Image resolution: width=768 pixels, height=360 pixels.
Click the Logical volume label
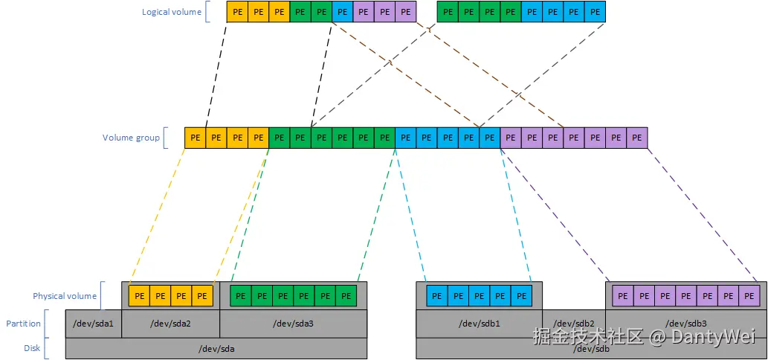[172, 12]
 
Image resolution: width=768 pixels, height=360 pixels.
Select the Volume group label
[132, 138]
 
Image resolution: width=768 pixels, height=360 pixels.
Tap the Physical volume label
[65, 296]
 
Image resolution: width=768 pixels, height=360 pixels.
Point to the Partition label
[24, 324]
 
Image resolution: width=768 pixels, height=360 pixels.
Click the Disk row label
[31, 348]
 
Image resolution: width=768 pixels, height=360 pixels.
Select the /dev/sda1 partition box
[94, 324]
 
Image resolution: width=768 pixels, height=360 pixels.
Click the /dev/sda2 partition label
[170, 324]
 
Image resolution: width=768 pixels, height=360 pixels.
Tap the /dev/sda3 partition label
[293, 324]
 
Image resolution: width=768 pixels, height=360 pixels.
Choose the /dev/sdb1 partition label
[479, 324]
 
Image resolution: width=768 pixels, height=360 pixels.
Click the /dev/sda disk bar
[216, 348]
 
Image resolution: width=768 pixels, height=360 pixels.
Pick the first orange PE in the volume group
[195, 138]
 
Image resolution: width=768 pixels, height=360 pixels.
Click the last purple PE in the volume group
[637, 138]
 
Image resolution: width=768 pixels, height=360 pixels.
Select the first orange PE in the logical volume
[237, 12]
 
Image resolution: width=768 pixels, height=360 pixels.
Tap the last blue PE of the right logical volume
[595, 12]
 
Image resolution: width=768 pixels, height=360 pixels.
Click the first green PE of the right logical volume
[448, 12]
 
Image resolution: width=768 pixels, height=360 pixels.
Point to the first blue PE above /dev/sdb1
[437, 296]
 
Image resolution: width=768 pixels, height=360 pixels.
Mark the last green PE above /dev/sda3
[346, 296]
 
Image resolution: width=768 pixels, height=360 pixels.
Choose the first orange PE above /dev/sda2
[140, 296]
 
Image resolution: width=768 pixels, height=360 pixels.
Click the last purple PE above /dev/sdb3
[748, 296]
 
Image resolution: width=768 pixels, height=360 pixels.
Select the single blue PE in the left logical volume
[343, 12]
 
